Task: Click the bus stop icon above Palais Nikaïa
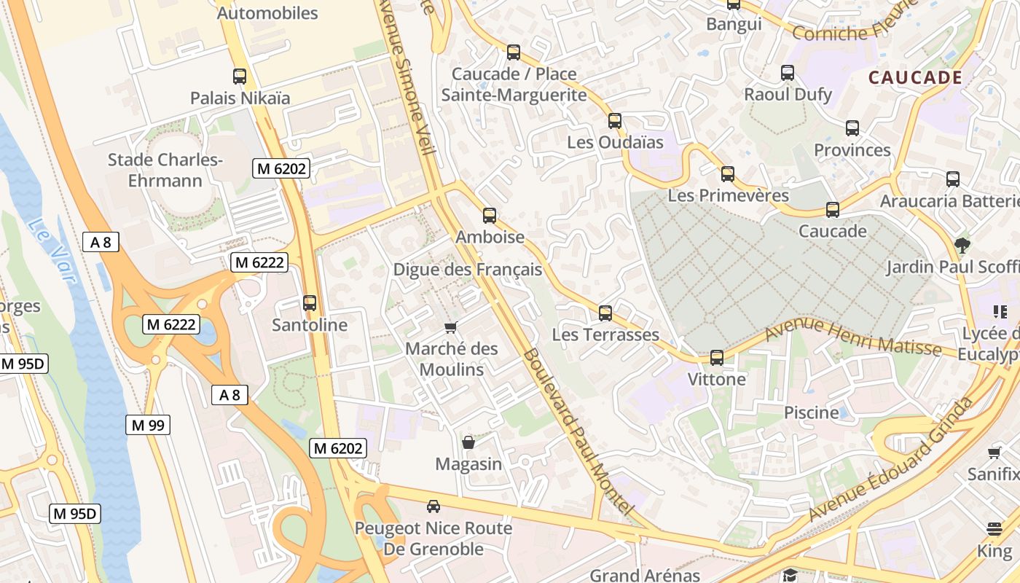[x=239, y=76]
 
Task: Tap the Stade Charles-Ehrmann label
[x=165, y=170]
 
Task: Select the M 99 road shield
[x=148, y=425]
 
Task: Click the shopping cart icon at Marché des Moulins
[x=451, y=327]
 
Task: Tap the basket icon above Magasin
[x=468, y=442]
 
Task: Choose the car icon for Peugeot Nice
[x=433, y=506]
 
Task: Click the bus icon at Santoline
[x=310, y=302]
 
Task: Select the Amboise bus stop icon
[x=490, y=215]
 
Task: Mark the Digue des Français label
[x=468, y=270]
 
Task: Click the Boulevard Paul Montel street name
[x=576, y=430]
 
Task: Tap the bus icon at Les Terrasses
[x=605, y=313]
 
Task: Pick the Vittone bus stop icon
[x=717, y=357]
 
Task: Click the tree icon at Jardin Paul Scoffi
[x=962, y=245]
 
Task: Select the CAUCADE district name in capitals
[x=915, y=77]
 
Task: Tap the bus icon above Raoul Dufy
[x=788, y=72]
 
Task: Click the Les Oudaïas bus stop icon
[x=615, y=120]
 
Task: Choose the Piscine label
[x=811, y=412]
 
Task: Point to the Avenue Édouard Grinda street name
[x=892, y=459]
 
